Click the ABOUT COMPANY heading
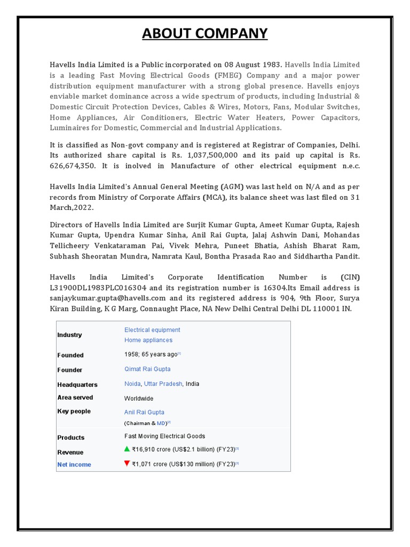205,34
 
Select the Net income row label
74,465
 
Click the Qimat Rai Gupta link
147,369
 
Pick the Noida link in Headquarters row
132,384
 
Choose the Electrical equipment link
152,330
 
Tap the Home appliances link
148,340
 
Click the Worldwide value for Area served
139,398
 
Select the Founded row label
70,355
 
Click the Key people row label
74,411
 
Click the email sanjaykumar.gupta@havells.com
108,298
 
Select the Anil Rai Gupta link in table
144,412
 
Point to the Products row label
71,437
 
